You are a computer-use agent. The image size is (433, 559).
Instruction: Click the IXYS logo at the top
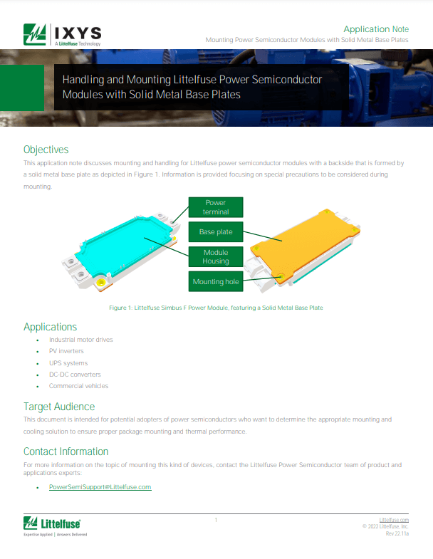click(x=63, y=35)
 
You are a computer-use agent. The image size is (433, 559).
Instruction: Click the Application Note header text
click(x=376, y=29)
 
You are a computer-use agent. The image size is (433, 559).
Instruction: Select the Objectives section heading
click(x=46, y=150)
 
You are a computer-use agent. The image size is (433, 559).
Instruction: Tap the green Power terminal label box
click(x=216, y=207)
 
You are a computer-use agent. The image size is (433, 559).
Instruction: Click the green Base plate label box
click(x=216, y=231)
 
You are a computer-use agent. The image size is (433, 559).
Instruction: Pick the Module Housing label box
click(x=216, y=256)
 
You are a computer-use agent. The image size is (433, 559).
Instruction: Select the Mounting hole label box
click(x=216, y=281)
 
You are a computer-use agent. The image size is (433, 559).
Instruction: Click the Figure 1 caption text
click(x=216, y=308)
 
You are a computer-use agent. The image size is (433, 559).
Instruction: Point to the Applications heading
click(x=51, y=327)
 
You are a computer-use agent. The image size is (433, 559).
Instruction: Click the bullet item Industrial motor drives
click(x=81, y=340)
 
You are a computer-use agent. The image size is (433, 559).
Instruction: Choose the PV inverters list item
click(x=66, y=351)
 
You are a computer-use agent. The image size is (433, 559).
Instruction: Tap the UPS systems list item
click(x=68, y=363)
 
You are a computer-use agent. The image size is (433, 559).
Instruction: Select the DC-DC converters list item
click(x=75, y=375)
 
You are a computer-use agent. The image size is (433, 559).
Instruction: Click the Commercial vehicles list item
click(x=79, y=386)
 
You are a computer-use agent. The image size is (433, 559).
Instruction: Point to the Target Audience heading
click(x=59, y=407)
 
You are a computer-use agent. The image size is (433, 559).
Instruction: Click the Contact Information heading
click(x=66, y=451)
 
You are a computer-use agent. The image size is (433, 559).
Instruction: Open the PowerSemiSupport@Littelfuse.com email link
click(x=100, y=487)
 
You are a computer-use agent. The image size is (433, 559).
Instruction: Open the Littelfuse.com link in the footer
click(x=394, y=520)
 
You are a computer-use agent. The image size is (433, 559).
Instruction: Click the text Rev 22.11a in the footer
click(x=397, y=533)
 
